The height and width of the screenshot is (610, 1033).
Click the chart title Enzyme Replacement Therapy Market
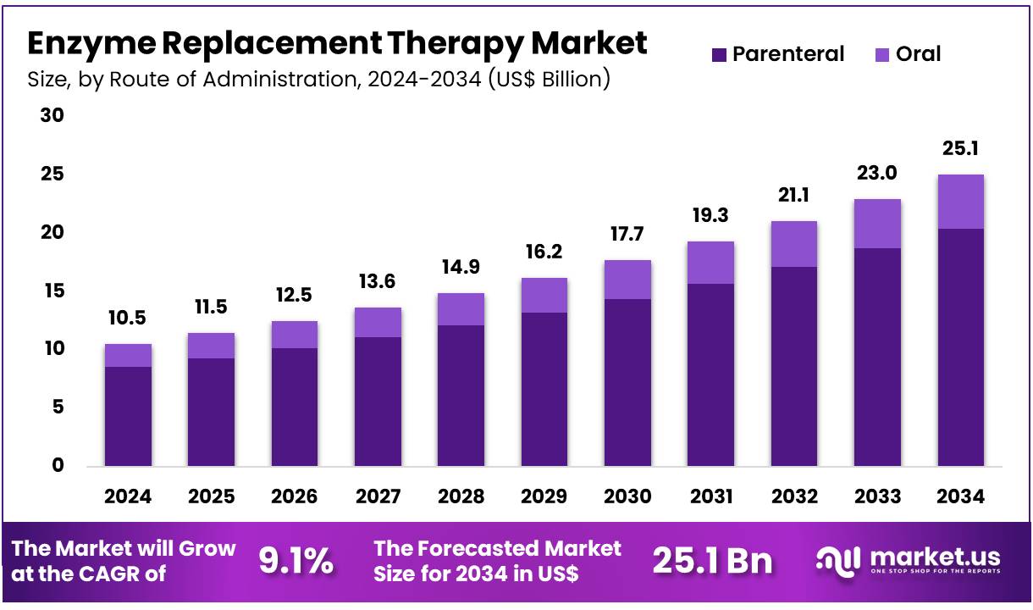click(x=337, y=43)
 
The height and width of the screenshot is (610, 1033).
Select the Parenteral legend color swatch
click(x=719, y=55)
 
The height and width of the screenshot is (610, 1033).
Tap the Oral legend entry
click(x=909, y=55)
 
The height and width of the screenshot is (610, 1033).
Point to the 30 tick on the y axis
click(x=52, y=115)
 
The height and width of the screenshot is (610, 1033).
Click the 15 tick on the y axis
click(x=52, y=291)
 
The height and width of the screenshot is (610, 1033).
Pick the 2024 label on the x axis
click(x=128, y=496)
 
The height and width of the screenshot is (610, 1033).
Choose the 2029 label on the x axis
click(x=544, y=496)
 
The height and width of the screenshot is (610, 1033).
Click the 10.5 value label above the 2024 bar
click(x=128, y=319)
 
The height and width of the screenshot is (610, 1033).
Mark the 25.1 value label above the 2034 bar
click(x=960, y=149)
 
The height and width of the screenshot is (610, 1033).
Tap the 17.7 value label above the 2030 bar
click(x=627, y=235)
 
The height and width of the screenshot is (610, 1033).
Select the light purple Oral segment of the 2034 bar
click(x=960, y=202)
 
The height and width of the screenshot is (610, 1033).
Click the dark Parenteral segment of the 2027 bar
click(x=378, y=402)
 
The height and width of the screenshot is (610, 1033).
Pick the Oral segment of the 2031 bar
click(x=710, y=263)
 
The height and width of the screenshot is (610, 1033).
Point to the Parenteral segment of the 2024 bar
click(x=128, y=416)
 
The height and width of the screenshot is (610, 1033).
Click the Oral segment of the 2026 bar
click(x=295, y=335)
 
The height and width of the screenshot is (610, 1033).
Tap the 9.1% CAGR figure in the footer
click(x=296, y=561)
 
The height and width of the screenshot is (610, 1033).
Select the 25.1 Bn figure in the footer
click(x=712, y=561)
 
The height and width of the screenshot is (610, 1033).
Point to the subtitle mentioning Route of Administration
click(x=318, y=80)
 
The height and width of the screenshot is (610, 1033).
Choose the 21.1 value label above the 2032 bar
click(x=793, y=196)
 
